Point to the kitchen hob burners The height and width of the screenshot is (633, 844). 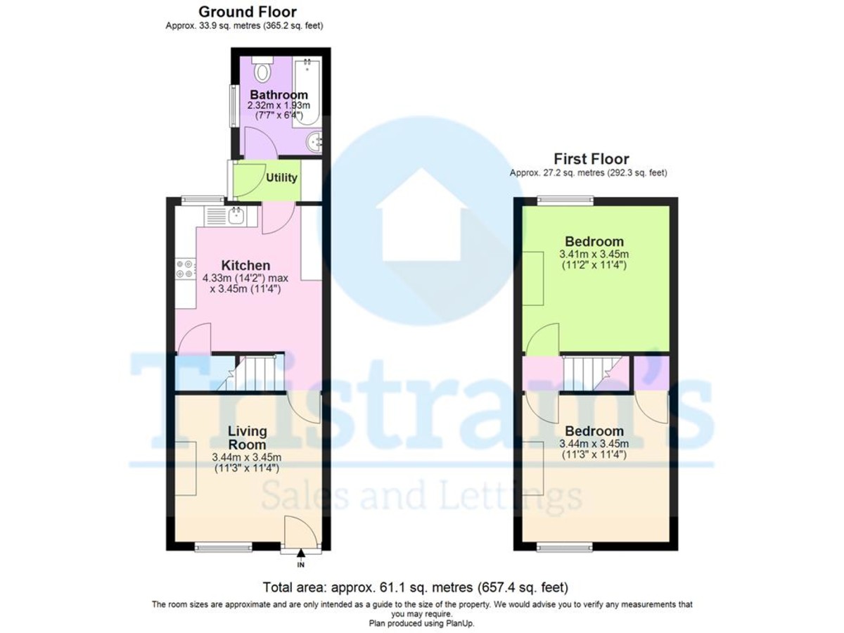click(185, 269)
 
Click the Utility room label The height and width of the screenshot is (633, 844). click(281, 178)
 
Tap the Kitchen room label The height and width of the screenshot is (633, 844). click(245, 266)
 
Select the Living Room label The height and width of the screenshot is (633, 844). click(247, 437)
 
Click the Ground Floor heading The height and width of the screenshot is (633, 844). click(247, 12)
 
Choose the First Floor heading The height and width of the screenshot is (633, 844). click(591, 159)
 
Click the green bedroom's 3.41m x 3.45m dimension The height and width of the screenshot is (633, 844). click(594, 254)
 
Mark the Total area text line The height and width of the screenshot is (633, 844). click(415, 587)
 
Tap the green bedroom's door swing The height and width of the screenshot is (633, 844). click(543, 339)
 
